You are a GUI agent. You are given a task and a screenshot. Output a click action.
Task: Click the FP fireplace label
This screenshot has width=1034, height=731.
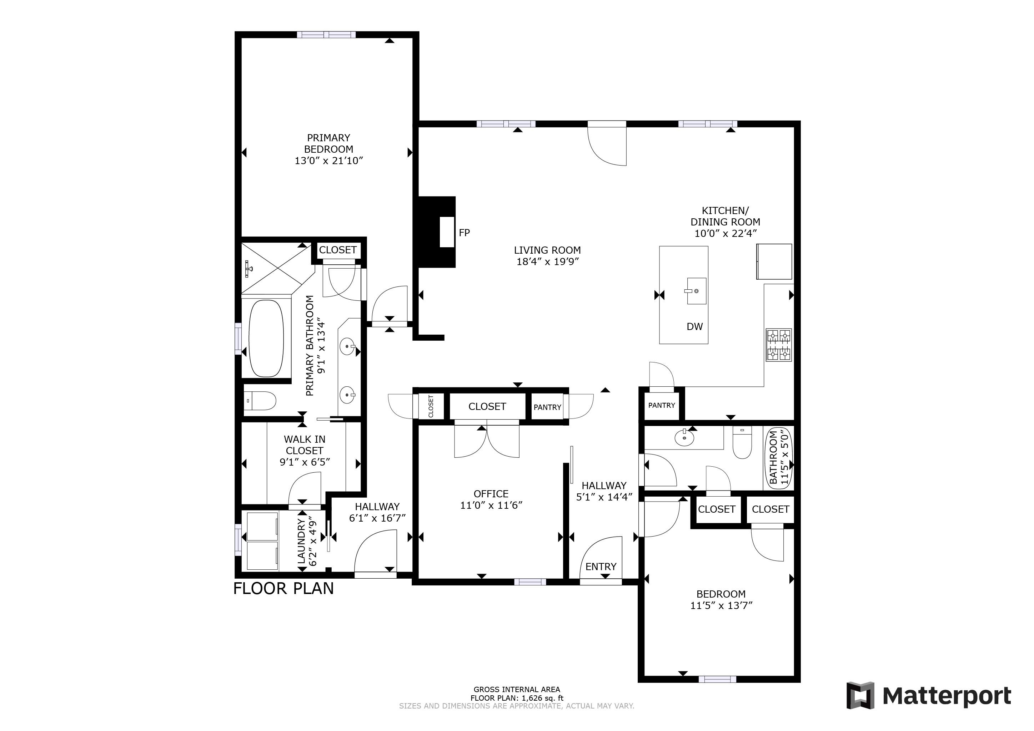464,233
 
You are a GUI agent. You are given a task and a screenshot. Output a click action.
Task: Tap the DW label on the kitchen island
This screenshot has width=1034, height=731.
694,327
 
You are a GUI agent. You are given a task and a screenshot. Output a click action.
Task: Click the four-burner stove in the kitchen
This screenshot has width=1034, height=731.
779,345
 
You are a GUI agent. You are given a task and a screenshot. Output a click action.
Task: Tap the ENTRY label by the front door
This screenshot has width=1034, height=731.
601,567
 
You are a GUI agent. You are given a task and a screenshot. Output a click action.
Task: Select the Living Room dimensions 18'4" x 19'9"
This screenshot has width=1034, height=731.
547,262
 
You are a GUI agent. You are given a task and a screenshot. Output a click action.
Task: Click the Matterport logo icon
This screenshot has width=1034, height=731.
860,695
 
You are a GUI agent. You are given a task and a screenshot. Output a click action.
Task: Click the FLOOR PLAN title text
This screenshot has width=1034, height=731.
283,589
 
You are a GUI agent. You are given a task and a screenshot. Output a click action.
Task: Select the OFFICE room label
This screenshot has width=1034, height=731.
491,494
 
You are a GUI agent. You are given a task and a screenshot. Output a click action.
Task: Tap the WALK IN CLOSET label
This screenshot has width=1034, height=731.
305,445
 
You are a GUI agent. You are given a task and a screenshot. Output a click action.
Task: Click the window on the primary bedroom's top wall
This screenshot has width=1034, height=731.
326,35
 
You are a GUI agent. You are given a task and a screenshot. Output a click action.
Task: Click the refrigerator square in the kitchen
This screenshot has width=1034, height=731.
774,262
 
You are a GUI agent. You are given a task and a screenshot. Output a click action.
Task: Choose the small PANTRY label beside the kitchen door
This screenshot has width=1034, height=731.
661,406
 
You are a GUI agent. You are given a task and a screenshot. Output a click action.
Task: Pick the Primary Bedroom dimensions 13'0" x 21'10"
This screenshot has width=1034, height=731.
328,161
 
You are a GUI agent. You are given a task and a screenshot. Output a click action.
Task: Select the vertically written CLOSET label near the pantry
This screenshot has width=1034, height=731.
431,406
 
